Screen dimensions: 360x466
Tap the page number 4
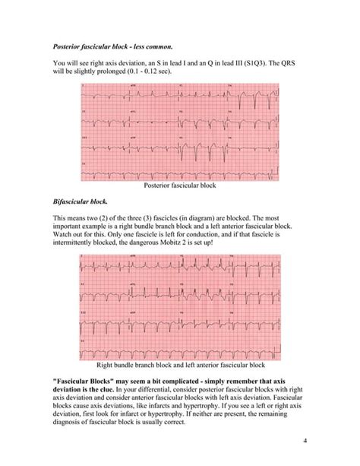pos(304,441)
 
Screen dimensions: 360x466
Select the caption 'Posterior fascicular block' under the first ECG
pos(180,185)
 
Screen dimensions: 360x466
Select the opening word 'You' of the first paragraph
pos(58,62)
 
